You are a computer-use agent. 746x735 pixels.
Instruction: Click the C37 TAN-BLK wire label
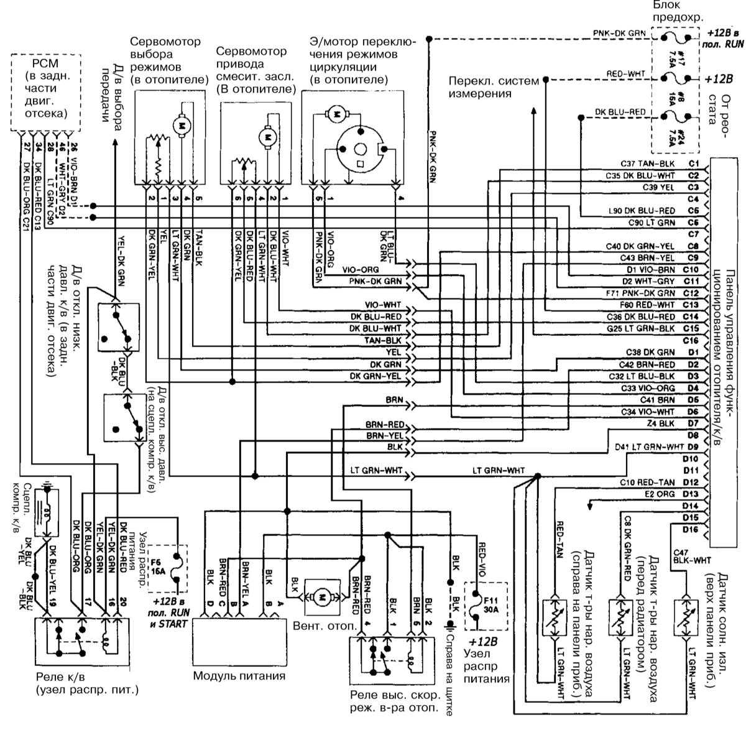[648, 164]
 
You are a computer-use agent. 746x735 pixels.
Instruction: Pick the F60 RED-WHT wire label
[650, 305]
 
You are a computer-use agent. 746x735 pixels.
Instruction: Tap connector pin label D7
[693, 423]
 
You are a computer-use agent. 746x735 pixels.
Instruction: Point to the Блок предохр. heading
[677, 11]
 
